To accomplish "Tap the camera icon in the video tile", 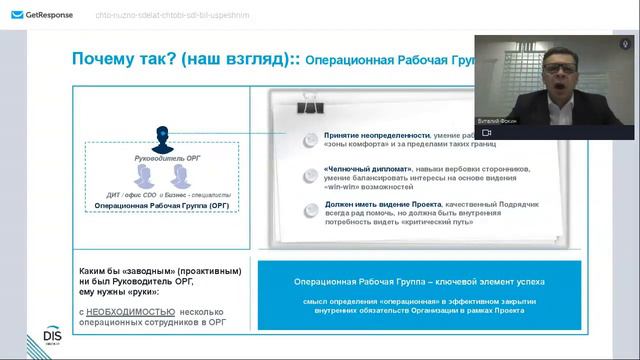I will (x=486, y=131).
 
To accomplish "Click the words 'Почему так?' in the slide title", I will (x=110, y=60).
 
